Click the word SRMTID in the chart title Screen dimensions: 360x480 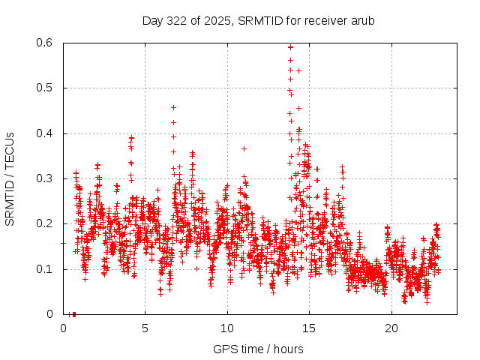[x=259, y=20]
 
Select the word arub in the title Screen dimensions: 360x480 [x=362, y=20]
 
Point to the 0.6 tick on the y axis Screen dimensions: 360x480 [x=46, y=43]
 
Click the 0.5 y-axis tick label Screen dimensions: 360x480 [x=46, y=88]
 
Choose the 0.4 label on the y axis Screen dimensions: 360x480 [x=46, y=133]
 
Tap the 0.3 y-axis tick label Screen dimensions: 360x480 [x=46, y=178]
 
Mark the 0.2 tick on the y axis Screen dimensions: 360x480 [x=46, y=223]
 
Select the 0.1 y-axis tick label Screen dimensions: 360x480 [x=46, y=268]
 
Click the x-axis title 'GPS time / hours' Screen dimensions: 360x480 [x=258, y=349]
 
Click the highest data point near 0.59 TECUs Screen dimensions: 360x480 [x=290, y=46]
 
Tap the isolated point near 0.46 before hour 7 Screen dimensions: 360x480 [x=173, y=107]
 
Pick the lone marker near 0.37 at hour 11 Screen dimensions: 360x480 [x=244, y=148]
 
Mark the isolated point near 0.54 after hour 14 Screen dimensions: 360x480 [x=298, y=70]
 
